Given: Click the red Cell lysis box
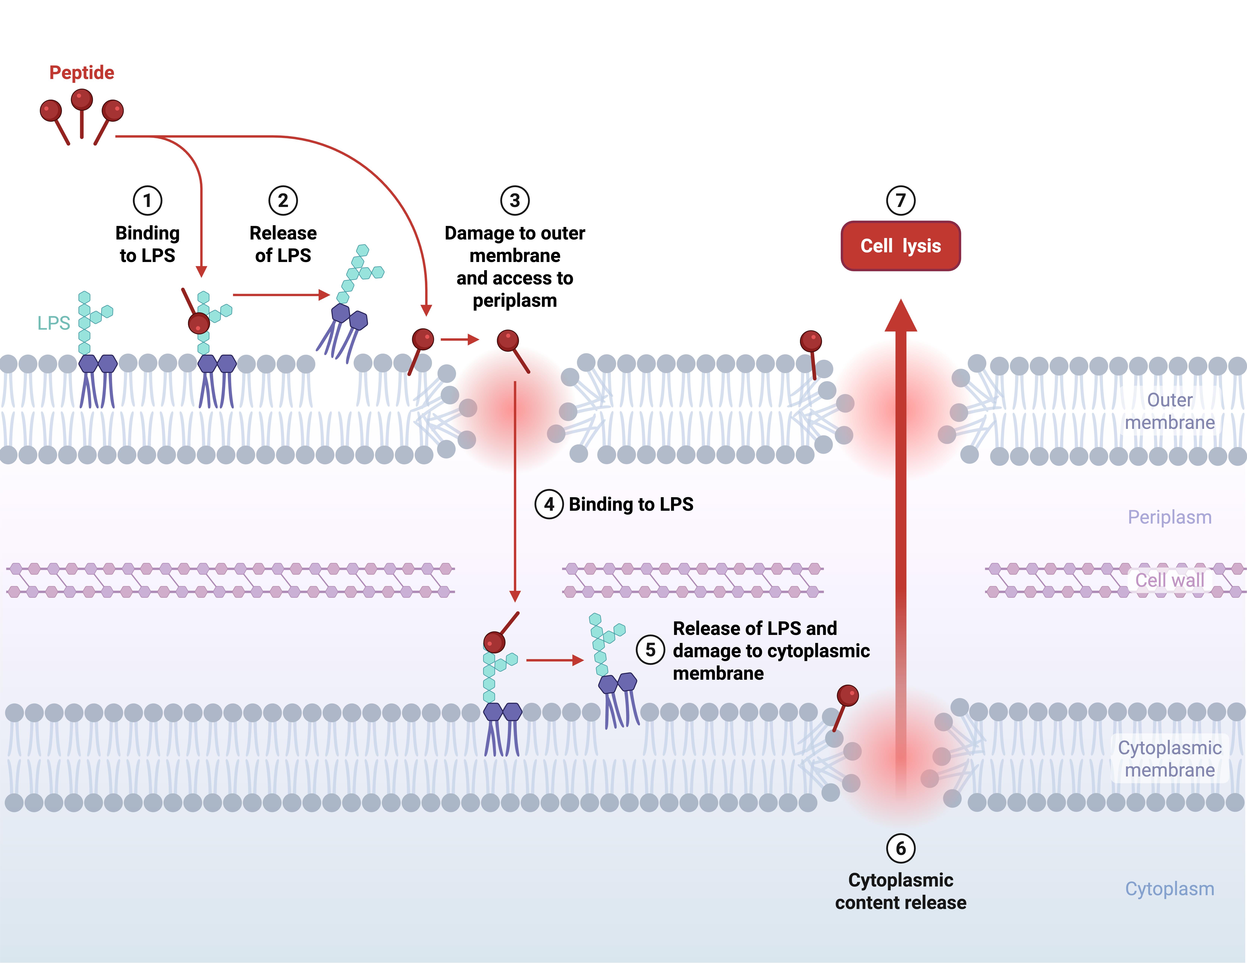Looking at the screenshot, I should pyautogui.click(x=900, y=246).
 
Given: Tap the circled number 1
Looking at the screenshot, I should pyautogui.click(x=147, y=200).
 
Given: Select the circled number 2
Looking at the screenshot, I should pyautogui.click(x=283, y=200).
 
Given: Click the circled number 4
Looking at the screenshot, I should pyautogui.click(x=549, y=504).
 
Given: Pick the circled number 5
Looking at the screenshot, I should pyautogui.click(x=650, y=650).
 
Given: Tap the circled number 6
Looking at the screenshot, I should pyautogui.click(x=900, y=849).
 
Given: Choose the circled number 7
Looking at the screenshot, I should pyautogui.click(x=900, y=200).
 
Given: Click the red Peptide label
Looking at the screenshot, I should pyautogui.click(x=82, y=73).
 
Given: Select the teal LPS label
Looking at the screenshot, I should pyautogui.click(x=54, y=323).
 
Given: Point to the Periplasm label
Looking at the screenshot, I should pyautogui.click(x=1169, y=517).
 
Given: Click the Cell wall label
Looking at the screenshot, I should pyautogui.click(x=1169, y=580).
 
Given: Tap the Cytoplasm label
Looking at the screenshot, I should pyautogui.click(x=1169, y=889).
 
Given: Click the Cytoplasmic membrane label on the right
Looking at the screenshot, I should pyautogui.click(x=1169, y=759).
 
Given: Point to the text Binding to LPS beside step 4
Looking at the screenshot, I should pyautogui.click(x=631, y=504).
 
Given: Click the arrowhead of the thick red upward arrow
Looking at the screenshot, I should pyautogui.click(x=900, y=317).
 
